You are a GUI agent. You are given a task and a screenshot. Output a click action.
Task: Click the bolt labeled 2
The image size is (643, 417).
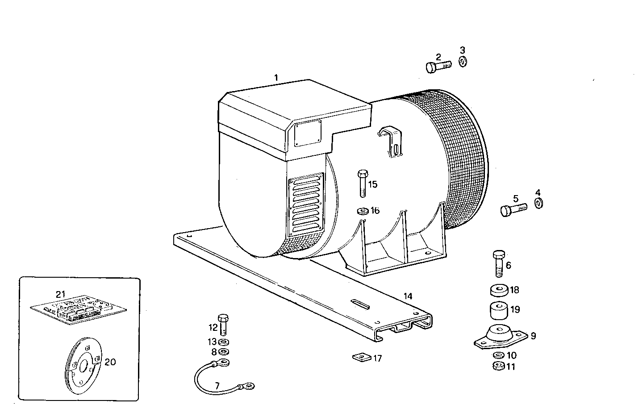[x=438, y=67]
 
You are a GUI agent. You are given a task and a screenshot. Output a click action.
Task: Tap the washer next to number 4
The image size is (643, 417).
[x=539, y=204]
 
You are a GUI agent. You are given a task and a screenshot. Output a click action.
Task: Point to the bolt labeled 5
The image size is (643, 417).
[x=513, y=208]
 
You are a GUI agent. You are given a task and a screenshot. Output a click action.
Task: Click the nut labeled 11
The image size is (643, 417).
[x=499, y=367]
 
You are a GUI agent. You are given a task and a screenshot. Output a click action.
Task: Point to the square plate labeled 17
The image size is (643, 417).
[x=362, y=358]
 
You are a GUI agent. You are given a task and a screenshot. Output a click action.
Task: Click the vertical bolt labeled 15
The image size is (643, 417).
[x=362, y=183]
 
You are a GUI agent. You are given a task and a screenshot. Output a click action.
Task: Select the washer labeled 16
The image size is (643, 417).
[x=362, y=210]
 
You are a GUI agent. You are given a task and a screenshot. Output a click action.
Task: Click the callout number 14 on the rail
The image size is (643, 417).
[x=408, y=296]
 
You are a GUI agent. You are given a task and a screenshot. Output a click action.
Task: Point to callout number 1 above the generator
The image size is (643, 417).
[x=276, y=78]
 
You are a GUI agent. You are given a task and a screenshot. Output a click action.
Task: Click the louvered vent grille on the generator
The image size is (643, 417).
[x=306, y=206]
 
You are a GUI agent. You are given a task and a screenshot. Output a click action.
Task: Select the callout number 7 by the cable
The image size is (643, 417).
[x=217, y=386]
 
